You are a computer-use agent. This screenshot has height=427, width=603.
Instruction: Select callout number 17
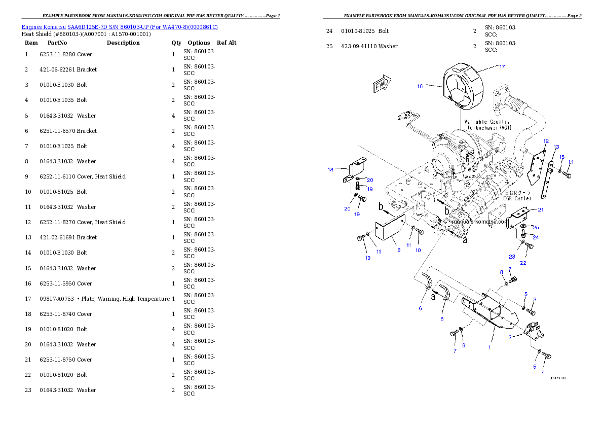pos(502,66)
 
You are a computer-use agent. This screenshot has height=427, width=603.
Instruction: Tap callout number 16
pos(420,86)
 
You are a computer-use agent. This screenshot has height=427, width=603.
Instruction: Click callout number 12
pos(546,140)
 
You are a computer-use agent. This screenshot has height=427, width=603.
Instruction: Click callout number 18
pos(330,170)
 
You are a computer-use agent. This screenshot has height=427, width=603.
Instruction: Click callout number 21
pos(541,209)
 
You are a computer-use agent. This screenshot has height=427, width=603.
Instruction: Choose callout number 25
pos(536,227)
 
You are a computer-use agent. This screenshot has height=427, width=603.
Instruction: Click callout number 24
pos(535,237)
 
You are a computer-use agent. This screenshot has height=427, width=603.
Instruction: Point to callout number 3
pos(534,299)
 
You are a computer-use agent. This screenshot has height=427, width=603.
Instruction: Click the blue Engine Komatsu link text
pos(120,27)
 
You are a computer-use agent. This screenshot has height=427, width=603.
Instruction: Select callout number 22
pos(523,263)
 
